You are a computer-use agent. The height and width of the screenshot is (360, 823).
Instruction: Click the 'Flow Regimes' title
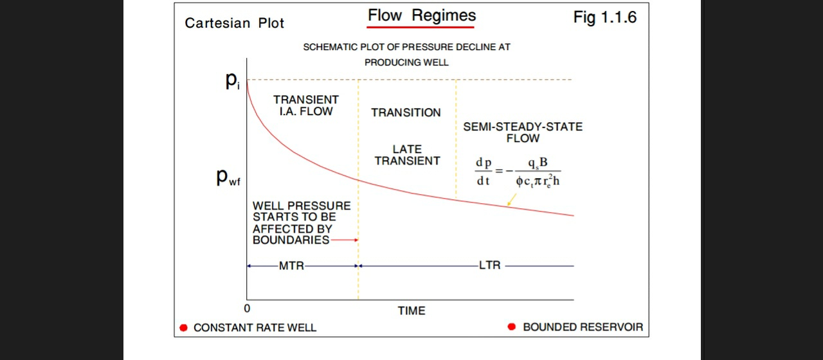(421, 15)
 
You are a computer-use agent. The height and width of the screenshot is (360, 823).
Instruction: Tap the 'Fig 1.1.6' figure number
(604, 17)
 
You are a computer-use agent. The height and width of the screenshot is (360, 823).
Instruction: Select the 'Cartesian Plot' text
(234, 23)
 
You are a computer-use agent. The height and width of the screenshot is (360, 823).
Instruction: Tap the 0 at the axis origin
(247, 309)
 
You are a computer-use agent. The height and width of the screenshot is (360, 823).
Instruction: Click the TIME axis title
(411, 310)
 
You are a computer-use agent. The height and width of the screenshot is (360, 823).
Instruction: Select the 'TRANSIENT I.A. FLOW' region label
(305, 105)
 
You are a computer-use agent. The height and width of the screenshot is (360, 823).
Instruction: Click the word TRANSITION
(406, 113)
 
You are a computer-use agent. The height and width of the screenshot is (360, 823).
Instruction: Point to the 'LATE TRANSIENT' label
(407, 155)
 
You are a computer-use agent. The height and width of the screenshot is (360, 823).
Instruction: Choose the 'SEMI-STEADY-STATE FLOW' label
(523, 132)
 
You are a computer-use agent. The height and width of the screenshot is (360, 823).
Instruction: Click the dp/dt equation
(518, 172)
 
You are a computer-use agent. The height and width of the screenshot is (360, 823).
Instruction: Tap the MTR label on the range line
(291, 265)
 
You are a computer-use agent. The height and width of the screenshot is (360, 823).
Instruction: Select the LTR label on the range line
(489, 265)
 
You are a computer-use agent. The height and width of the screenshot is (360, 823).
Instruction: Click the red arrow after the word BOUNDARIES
(345, 240)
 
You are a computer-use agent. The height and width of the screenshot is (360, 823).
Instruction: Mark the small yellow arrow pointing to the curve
(511, 201)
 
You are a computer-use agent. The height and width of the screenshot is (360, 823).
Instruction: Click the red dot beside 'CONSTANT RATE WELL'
(183, 328)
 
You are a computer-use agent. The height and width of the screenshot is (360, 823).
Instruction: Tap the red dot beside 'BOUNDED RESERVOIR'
(512, 327)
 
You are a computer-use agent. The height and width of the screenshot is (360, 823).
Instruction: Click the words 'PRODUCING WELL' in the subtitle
(406, 62)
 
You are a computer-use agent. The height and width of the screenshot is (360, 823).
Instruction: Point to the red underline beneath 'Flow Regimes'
(421, 28)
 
